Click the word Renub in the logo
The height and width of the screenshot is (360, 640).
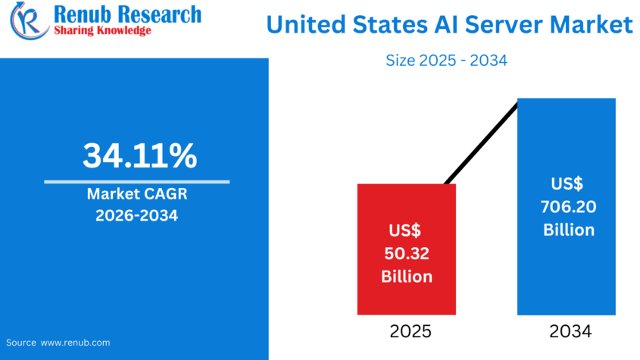[x=82, y=14]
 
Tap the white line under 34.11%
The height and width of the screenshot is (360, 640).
[x=136, y=182]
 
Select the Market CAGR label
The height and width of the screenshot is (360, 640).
[x=136, y=195]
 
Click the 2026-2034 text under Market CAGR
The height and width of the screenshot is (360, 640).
[x=136, y=216]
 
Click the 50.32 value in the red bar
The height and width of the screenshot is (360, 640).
[x=406, y=252]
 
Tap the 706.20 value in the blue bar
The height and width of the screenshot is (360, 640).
[x=566, y=206]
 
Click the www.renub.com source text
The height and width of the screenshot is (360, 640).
[x=75, y=343]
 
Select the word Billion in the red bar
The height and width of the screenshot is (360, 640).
[x=406, y=276]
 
